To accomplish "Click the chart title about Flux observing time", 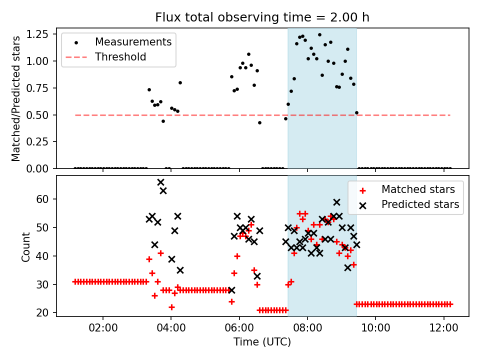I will [262, 18].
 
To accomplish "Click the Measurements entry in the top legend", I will [133, 41].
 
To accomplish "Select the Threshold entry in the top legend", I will [120, 57].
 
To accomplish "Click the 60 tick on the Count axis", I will [44, 199].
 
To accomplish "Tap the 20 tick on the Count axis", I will [44, 313].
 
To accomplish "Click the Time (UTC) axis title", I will [262, 343].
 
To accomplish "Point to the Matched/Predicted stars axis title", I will [16, 98].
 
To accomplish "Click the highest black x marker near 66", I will [160, 182].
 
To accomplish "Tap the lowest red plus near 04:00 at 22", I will [171, 307].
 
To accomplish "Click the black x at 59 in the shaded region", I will [336, 202].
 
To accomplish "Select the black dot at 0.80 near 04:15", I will [180, 82].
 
